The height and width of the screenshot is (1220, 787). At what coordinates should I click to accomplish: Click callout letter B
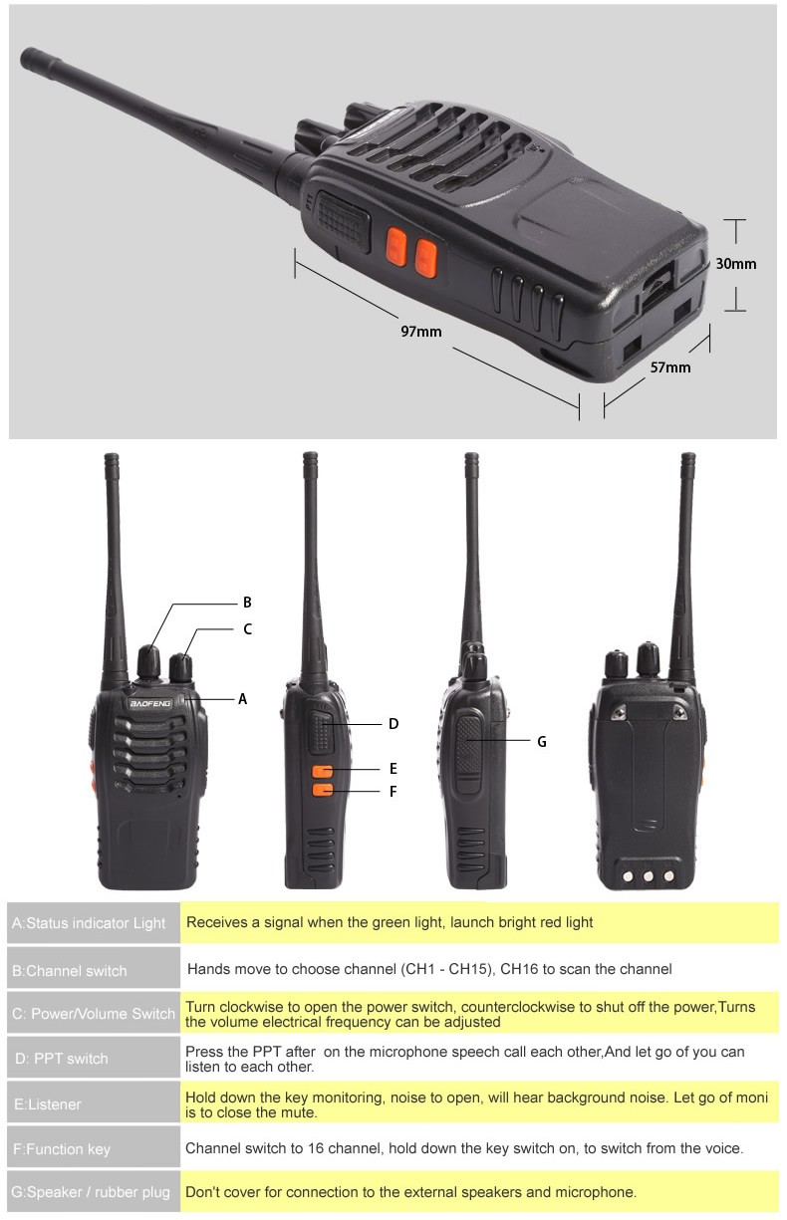(x=247, y=602)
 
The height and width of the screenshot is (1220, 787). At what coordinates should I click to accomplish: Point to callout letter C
(x=247, y=628)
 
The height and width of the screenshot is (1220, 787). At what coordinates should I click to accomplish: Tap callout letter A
(x=242, y=699)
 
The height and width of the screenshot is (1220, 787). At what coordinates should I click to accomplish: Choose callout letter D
(x=393, y=723)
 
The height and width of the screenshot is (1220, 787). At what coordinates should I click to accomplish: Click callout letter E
(x=393, y=769)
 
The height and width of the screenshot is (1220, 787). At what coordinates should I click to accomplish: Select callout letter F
(x=393, y=791)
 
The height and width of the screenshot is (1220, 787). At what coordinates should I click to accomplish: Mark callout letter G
(x=541, y=741)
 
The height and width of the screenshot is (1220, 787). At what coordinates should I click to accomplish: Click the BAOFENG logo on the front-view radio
(x=150, y=703)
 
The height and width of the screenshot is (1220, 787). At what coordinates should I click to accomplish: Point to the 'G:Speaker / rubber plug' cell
(x=92, y=1192)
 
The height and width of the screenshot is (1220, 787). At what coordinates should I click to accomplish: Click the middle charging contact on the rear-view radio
(x=647, y=876)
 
